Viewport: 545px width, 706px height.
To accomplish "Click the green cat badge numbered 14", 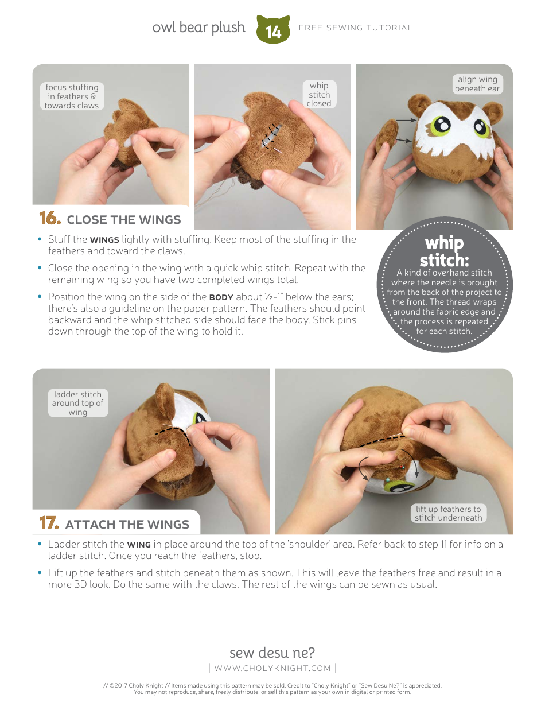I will [274, 30].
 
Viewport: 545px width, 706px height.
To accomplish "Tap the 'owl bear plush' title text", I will [198, 28].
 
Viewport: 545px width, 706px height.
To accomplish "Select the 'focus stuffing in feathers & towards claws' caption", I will [72, 96].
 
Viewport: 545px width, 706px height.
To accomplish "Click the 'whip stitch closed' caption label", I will [319, 95].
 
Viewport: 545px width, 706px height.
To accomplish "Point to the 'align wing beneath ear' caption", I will [477, 84].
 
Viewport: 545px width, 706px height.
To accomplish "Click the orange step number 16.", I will [49, 219].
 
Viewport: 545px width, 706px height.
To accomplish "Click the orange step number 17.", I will [49, 523].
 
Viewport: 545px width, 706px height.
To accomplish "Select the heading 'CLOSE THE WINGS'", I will [123, 220].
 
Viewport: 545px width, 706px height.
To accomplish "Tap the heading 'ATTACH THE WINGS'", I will [127, 525].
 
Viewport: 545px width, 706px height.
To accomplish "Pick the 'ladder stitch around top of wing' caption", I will [77, 403].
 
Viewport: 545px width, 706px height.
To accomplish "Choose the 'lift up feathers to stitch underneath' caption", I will [449, 513].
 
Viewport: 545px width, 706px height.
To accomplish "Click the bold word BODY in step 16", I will [221, 297].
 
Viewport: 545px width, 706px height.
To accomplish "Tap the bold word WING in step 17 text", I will [139, 545].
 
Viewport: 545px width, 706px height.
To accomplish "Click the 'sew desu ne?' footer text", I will [272, 653].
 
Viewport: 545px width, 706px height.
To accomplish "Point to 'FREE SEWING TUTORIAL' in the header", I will [356, 28].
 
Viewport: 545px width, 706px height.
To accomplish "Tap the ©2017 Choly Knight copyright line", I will [272, 685].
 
